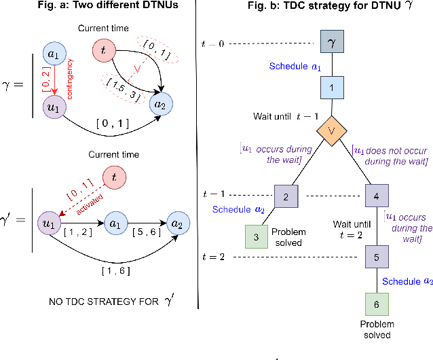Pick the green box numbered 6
click(377, 303)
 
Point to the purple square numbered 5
click(377, 257)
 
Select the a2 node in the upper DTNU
click(162, 105)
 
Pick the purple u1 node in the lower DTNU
click(48, 221)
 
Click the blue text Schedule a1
click(295, 67)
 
